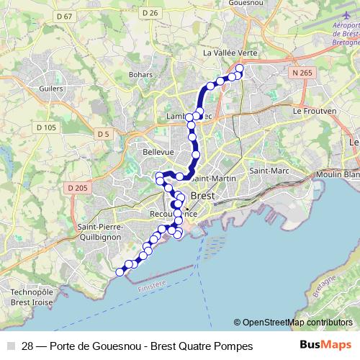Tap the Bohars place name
[x=140, y=74]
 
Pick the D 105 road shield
[x=45, y=127]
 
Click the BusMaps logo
[x=325, y=346]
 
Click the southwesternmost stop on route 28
[x=120, y=271]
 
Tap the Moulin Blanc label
[x=341, y=174]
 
